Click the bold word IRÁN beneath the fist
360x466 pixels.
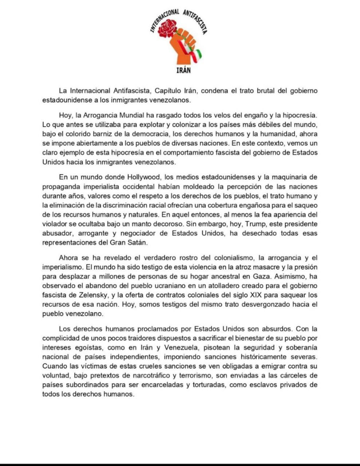181,70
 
